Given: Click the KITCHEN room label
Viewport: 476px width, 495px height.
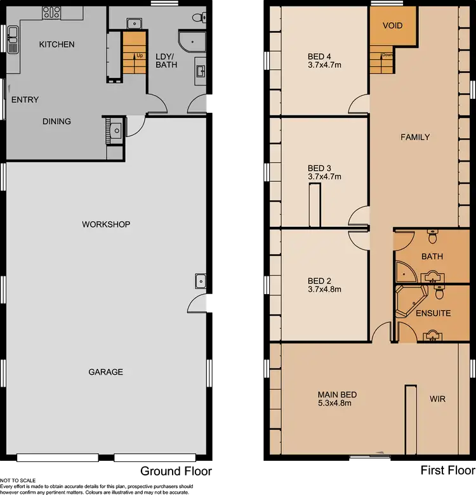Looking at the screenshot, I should [x=56, y=44].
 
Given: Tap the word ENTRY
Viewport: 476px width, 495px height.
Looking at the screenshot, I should [x=25, y=100].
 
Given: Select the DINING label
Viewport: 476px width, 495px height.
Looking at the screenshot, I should [x=56, y=121].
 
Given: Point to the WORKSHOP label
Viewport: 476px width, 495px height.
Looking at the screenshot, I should [x=105, y=224].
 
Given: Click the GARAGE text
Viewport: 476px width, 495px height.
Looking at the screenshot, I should [x=105, y=372].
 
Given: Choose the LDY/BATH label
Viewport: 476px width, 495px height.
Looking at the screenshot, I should [x=166, y=60].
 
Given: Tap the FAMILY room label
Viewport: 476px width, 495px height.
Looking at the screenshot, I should [x=415, y=137].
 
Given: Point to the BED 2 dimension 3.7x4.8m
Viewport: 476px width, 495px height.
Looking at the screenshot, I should [x=324, y=290].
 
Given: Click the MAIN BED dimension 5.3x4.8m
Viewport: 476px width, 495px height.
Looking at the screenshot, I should [x=334, y=402].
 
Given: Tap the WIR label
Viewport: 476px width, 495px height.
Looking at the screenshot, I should [x=438, y=399].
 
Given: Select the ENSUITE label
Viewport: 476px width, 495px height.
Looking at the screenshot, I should [x=433, y=313].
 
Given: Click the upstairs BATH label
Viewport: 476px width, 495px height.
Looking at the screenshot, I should [x=432, y=257].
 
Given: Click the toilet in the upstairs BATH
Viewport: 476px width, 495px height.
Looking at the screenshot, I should [x=433, y=236].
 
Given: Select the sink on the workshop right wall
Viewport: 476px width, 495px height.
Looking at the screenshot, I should [x=201, y=280].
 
